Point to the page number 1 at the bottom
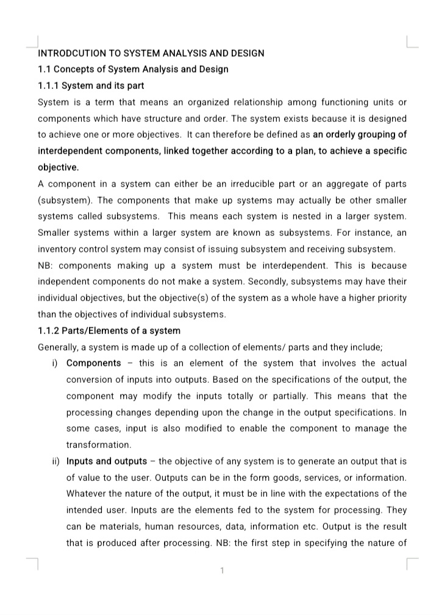coord(223,571)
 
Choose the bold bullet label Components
coord(93,363)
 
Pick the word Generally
coord(60,347)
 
